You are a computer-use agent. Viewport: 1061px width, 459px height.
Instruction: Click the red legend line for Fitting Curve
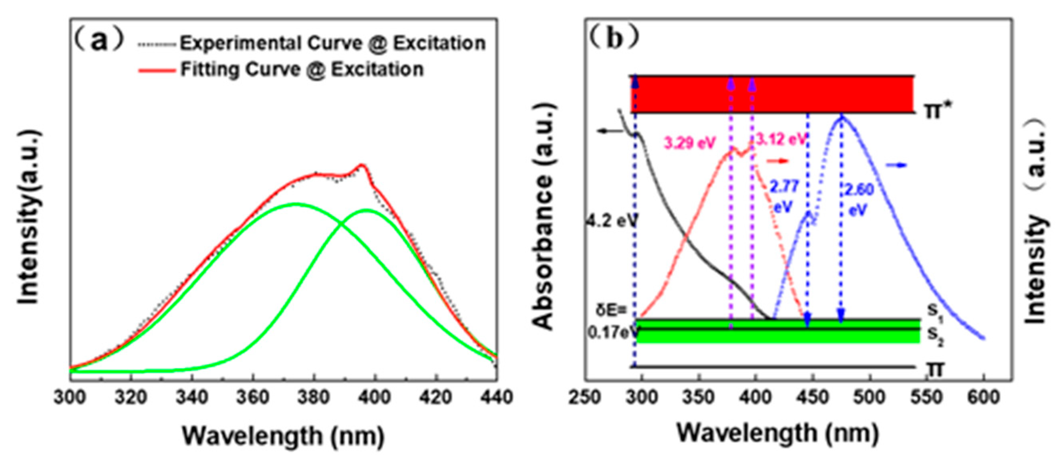157,70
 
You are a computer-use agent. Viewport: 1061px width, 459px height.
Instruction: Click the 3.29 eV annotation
690,143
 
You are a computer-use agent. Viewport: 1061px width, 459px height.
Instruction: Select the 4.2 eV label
611,221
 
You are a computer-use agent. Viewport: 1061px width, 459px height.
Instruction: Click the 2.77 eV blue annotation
785,196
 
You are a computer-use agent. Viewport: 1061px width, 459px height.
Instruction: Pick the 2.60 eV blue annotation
859,199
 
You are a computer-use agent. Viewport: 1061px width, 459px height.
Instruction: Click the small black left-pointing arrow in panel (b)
610,131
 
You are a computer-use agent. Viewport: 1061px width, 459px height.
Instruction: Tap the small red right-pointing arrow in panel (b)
776,161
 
